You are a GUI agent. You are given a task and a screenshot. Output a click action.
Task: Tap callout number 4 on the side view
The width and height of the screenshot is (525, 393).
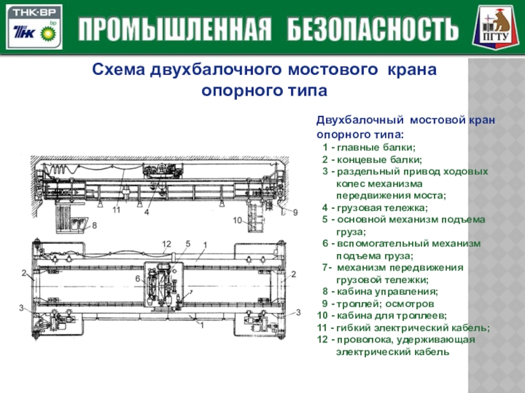click(x=147, y=212)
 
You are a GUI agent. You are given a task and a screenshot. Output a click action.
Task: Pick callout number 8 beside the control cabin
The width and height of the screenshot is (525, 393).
click(x=94, y=225)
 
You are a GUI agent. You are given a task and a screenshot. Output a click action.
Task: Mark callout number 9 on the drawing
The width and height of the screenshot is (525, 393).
click(x=295, y=212)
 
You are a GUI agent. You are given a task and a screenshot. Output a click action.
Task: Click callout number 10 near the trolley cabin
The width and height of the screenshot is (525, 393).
click(x=238, y=221)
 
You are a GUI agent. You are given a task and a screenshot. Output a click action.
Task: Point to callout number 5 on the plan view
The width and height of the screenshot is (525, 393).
click(x=187, y=244)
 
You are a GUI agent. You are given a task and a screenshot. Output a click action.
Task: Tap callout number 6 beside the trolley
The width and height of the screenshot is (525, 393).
click(x=138, y=278)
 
